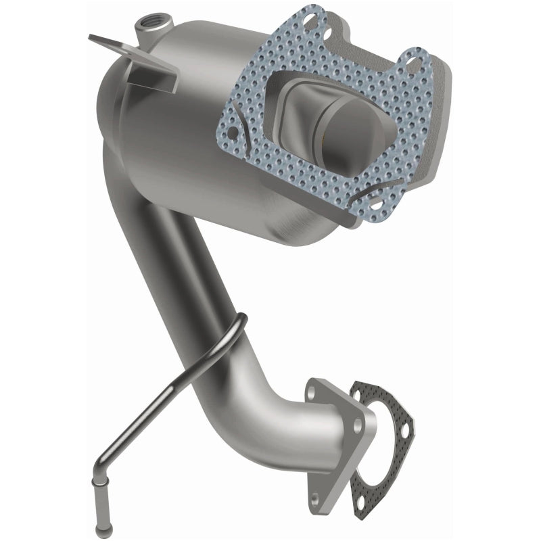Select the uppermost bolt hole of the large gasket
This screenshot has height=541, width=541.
pos(312,20)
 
